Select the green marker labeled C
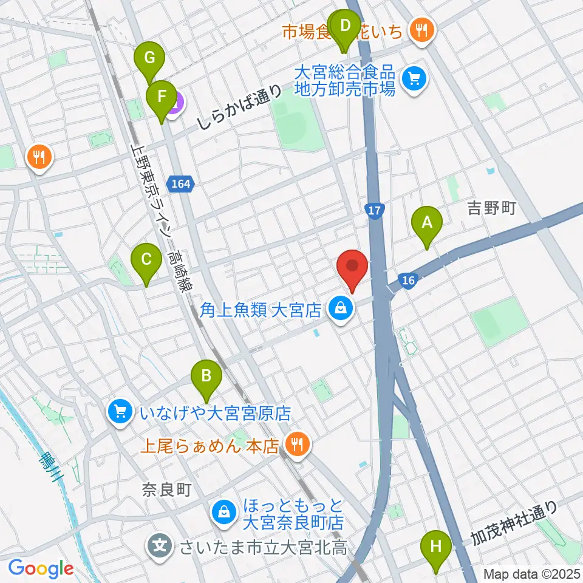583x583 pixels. pos(146,260)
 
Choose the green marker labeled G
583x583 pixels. pos(150,60)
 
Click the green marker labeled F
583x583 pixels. pos(162,97)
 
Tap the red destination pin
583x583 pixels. pos(352,267)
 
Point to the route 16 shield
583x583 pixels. pos(407,280)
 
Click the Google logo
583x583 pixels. pos(41,568)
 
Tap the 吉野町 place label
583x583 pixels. pos(491,210)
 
